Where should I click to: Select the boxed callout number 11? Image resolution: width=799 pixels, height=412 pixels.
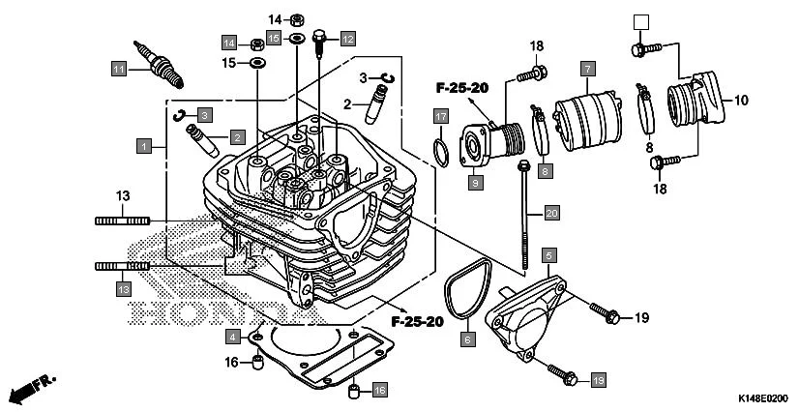[x=118, y=69]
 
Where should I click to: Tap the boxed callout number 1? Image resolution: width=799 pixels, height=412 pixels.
[x=143, y=146]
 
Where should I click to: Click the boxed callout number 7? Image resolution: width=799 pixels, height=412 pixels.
[x=586, y=68]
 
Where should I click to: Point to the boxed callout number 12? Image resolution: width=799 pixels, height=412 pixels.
[x=347, y=39]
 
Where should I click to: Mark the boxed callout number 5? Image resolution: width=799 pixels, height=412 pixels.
[x=548, y=255]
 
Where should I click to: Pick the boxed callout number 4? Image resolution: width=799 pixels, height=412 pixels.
[x=233, y=337]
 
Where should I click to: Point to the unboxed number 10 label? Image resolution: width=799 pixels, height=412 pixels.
[x=742, y=100]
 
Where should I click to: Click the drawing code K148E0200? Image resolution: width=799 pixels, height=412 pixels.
[x=763, y=398]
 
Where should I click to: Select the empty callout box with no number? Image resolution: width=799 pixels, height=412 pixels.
[x=637, y=21]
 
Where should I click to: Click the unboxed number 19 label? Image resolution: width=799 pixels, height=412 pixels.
[x=639, y=317]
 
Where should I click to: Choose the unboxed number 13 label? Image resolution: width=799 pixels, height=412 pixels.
[x=123, y=196]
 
